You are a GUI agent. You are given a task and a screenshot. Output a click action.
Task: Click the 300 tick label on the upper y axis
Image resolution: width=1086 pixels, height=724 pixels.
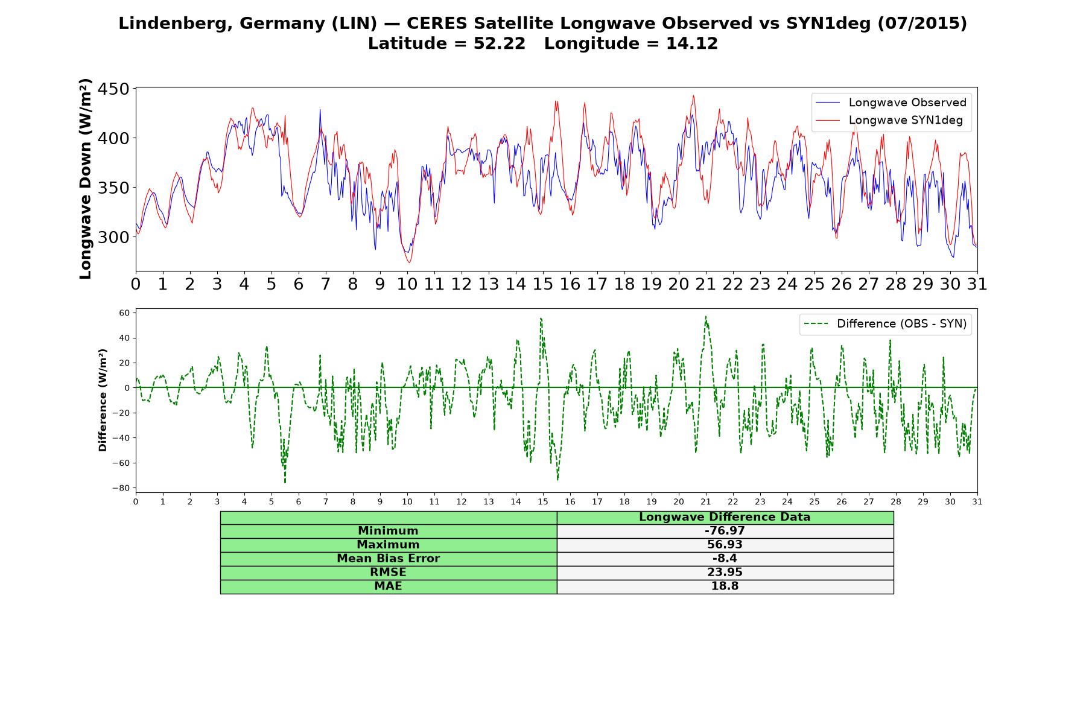[x=113, y=237]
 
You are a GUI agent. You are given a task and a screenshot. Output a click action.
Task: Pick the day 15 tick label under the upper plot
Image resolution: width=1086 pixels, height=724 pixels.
[x=542, y=284]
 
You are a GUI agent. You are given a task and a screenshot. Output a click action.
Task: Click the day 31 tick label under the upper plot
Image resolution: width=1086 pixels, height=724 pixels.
[x=977, y=284]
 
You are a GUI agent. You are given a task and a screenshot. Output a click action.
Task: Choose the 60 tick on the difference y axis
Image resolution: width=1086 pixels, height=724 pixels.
[x=125, y=313]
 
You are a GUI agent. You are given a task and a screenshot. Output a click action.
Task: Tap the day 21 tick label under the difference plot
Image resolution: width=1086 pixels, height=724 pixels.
[x=705, y=501]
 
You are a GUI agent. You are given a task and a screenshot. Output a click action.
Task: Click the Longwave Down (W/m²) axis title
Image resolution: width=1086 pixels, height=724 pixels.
[x=85, y=179]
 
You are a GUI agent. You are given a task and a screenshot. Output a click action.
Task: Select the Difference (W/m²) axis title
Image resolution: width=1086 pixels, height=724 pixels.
[x=103, y=400]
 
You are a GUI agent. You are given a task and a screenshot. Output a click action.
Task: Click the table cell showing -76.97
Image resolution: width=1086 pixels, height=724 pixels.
[x=725, y=531]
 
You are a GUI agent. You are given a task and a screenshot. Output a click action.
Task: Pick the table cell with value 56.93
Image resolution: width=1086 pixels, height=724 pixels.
[x=725, y=545]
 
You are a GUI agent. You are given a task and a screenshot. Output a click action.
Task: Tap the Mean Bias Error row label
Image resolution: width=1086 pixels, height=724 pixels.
[x=388, y=559]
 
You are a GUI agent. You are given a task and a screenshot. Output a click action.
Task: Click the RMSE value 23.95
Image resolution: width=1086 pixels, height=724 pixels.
[x=725, y=573]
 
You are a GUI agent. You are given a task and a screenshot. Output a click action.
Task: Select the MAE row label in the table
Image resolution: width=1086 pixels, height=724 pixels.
[x=388, y=586]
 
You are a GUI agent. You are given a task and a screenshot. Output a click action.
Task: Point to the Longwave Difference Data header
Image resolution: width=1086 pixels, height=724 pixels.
[x=725, y=517]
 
